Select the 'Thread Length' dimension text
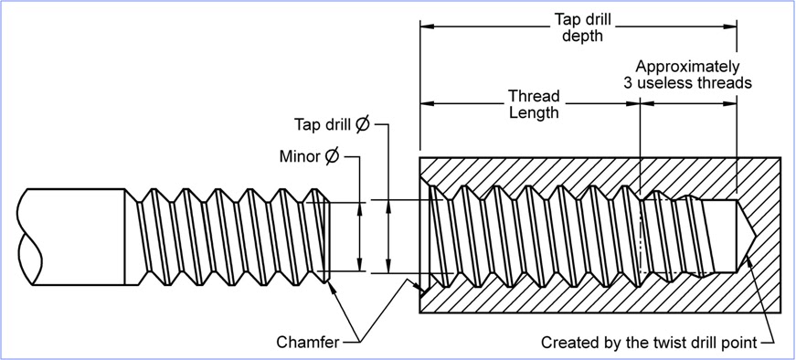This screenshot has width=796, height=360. tap(534, 104)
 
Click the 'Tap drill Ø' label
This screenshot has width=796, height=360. tap(331, 124)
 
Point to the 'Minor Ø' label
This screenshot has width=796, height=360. tap(309, 156)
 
